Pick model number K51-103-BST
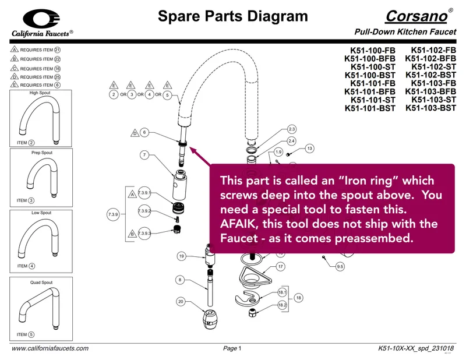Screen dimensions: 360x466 [430, 108]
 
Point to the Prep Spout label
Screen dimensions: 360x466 [42, 153]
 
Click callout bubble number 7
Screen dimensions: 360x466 [144, 155]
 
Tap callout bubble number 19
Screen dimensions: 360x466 [181, 256]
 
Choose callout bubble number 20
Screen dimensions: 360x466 [181, 301]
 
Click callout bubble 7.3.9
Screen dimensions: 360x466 [114, 215]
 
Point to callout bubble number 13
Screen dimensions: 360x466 [309, 149]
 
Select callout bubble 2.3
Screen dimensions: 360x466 [292, 129]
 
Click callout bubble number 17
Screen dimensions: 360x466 [281, 266]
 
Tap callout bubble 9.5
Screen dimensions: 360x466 [340, 267]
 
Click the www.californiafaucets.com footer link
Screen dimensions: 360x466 [51, 348]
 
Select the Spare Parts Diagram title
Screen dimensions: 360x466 [232, 16]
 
